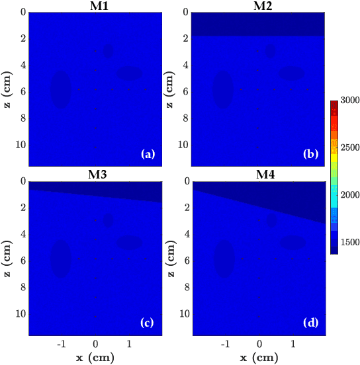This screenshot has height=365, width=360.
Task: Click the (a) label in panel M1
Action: coord(148,155)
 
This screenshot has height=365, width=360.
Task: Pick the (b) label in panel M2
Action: coord(310,155)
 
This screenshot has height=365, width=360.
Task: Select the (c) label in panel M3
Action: coord(148,323)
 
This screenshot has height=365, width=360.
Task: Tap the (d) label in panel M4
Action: coord(310,323)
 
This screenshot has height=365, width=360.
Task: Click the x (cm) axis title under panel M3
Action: coord(96,358)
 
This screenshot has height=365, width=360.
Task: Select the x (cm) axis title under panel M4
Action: coord(258,358)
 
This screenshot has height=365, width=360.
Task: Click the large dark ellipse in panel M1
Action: coord(61,89)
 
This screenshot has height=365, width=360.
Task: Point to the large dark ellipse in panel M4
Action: coord(224,257)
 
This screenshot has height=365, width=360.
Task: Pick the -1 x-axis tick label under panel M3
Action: coord(62,345)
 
